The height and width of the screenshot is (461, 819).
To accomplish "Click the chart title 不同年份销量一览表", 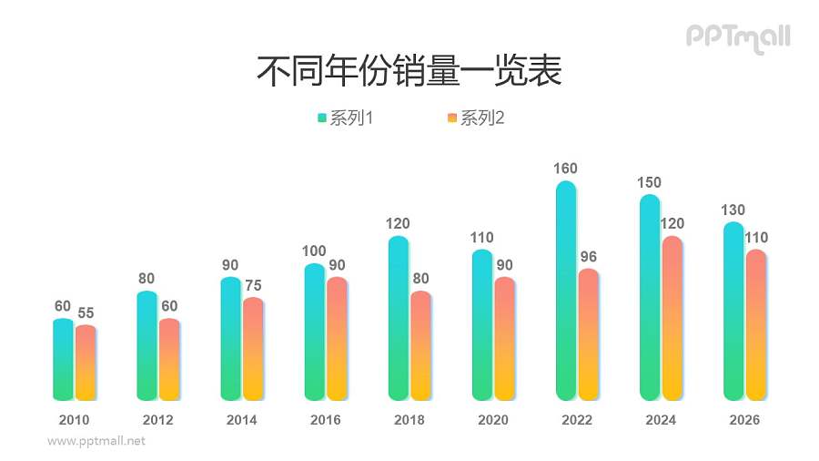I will pos(409,71).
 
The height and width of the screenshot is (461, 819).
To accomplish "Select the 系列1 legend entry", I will pos(347,118).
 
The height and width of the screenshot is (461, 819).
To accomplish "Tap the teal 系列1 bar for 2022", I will pos(566,292).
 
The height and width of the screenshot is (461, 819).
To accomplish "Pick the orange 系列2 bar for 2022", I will pos(588,335).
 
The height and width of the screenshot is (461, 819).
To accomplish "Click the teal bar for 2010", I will pos(63,360).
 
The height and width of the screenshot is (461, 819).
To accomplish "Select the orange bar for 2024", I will pos(672,319).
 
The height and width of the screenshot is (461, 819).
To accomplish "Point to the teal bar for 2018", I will pos(399,319).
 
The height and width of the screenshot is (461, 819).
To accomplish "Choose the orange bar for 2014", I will pos(253,350).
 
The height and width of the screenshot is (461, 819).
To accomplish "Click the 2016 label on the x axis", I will pos(325,420).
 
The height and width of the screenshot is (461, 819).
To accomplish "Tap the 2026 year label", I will pos(744,420).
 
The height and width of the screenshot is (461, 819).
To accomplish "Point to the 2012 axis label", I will pos(157,420).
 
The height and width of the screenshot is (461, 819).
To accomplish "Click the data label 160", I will pos(565,169).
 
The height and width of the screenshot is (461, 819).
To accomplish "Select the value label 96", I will pos(589,256).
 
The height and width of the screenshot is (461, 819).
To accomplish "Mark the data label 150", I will pos(649,182).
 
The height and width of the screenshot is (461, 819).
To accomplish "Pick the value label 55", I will pos(86,313).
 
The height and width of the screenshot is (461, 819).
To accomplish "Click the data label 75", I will pos(253,285).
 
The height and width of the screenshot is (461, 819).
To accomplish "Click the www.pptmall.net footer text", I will pos(96,441).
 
